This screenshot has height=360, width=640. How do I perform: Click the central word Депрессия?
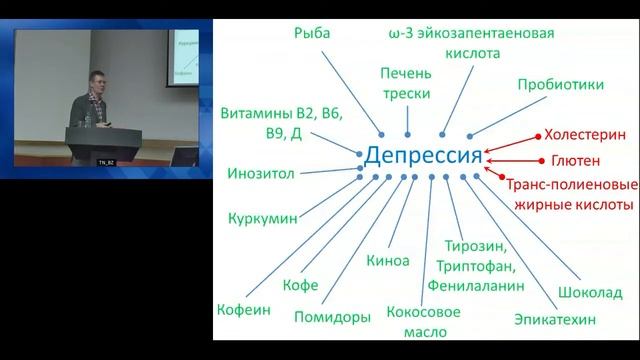click(x=423, y=157)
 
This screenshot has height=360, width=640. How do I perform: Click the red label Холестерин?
click(x=584, y=132)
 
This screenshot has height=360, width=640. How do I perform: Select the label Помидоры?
click(x=333, y=319)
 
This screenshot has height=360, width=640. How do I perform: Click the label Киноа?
click(x=388, y=261)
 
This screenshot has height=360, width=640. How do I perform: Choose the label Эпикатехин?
click(x=554, y=320)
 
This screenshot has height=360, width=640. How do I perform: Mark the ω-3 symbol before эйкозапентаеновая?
click(x=398, y=32)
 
